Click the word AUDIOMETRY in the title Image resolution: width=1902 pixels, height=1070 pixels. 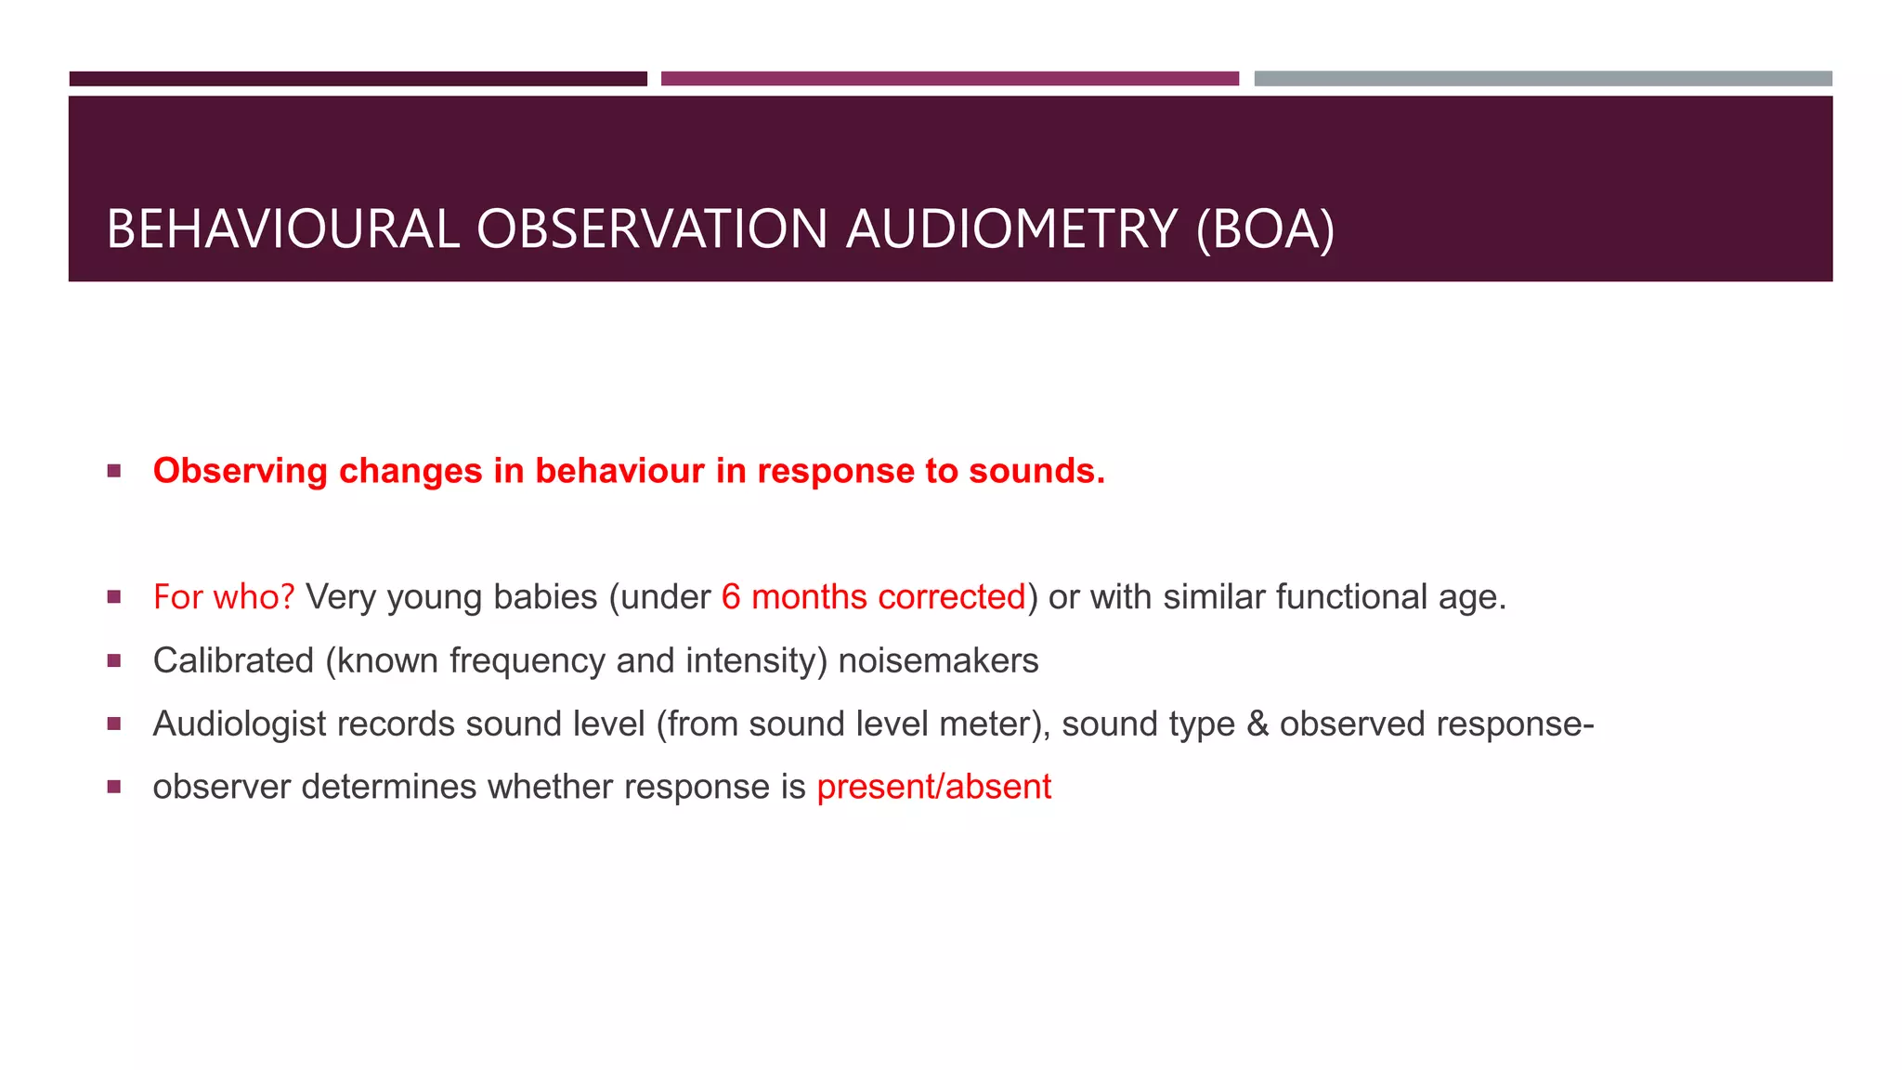click(1011, 228)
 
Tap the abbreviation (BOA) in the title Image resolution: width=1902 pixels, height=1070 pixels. click(1265, 228)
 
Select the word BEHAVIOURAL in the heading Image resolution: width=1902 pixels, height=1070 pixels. click(282, 228)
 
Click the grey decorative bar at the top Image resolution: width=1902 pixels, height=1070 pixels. click(1543, 79)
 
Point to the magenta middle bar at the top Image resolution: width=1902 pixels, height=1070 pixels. click(949, 79)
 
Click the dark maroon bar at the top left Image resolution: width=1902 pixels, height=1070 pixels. click(358, 79)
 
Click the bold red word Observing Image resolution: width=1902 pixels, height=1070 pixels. click(240, 471)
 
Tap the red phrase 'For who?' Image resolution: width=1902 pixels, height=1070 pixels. click(223, 597)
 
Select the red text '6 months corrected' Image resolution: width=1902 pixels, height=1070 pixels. click(873, 597)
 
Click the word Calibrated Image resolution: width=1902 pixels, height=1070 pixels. click(233, 660)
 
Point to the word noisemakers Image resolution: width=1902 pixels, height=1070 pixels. click(938, 660)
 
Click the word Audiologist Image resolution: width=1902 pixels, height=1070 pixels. click(239, 724)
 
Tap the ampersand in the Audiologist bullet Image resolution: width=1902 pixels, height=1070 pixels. click(1257, 724)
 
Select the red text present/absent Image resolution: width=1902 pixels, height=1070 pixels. click(933, 787)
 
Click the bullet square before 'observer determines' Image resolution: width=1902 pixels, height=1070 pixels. click(114, 787)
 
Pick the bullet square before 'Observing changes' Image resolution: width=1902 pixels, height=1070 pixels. click(114, 471)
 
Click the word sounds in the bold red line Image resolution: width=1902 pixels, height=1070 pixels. click(1036, 471)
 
